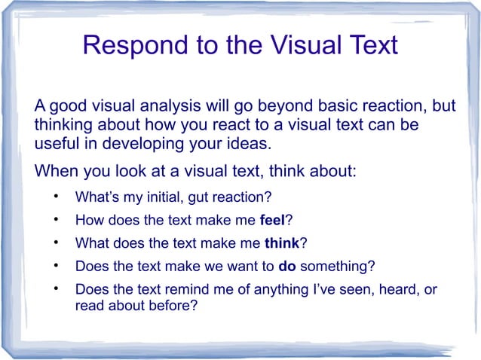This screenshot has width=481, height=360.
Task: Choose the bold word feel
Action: click(x=272, y=221)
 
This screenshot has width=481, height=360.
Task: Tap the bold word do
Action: click(x=286, y=266)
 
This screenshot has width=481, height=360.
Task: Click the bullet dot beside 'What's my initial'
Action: click(x=56, y=198)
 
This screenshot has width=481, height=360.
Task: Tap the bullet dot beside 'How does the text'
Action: click(x=56, y=221)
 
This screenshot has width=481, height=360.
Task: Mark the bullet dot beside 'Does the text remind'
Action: click(x=56, y=289)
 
